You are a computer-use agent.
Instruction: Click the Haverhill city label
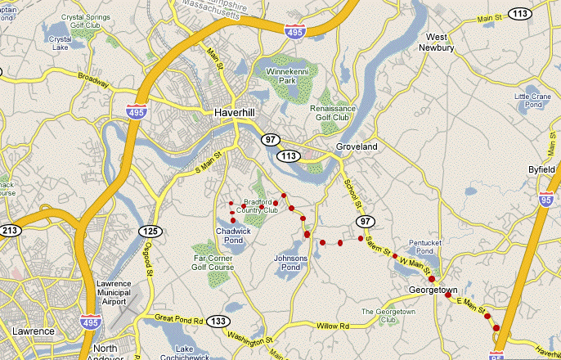pos(236,112)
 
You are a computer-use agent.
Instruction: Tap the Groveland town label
pos(356,146)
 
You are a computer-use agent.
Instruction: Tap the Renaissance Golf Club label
pos(333,113)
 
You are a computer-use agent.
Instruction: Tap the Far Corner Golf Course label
pos(213,263)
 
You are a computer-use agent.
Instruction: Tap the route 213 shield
pos(10,230)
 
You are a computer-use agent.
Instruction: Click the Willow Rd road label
pos(333,326)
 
